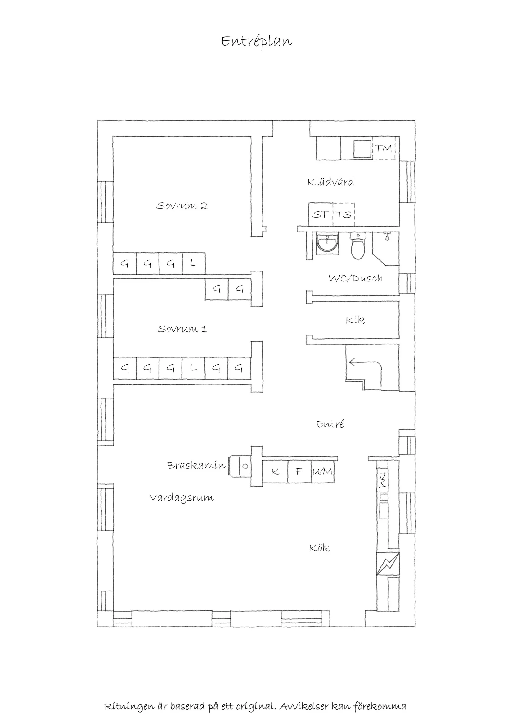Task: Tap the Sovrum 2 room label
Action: tap(182, 206)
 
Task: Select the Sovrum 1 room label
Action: tap(182, 329)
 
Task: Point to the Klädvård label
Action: tap(331, 182)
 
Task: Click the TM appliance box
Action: tap(384, 148)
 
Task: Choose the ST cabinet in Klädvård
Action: tap(321, 214)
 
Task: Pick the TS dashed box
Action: tap(344, 214)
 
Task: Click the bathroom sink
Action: tap(328, 243)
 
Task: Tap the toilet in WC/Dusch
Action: tap(358, 246)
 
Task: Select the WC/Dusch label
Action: tap(356, 278)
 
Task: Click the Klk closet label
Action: tap(355, 320)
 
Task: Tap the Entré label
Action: tap(330, 424)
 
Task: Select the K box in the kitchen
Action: tap(275, 471)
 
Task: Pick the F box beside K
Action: tap(299, 471)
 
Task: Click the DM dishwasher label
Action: tap(382, 480)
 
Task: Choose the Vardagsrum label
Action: tap(182, 498)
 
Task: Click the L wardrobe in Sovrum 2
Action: tap(194, 263)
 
